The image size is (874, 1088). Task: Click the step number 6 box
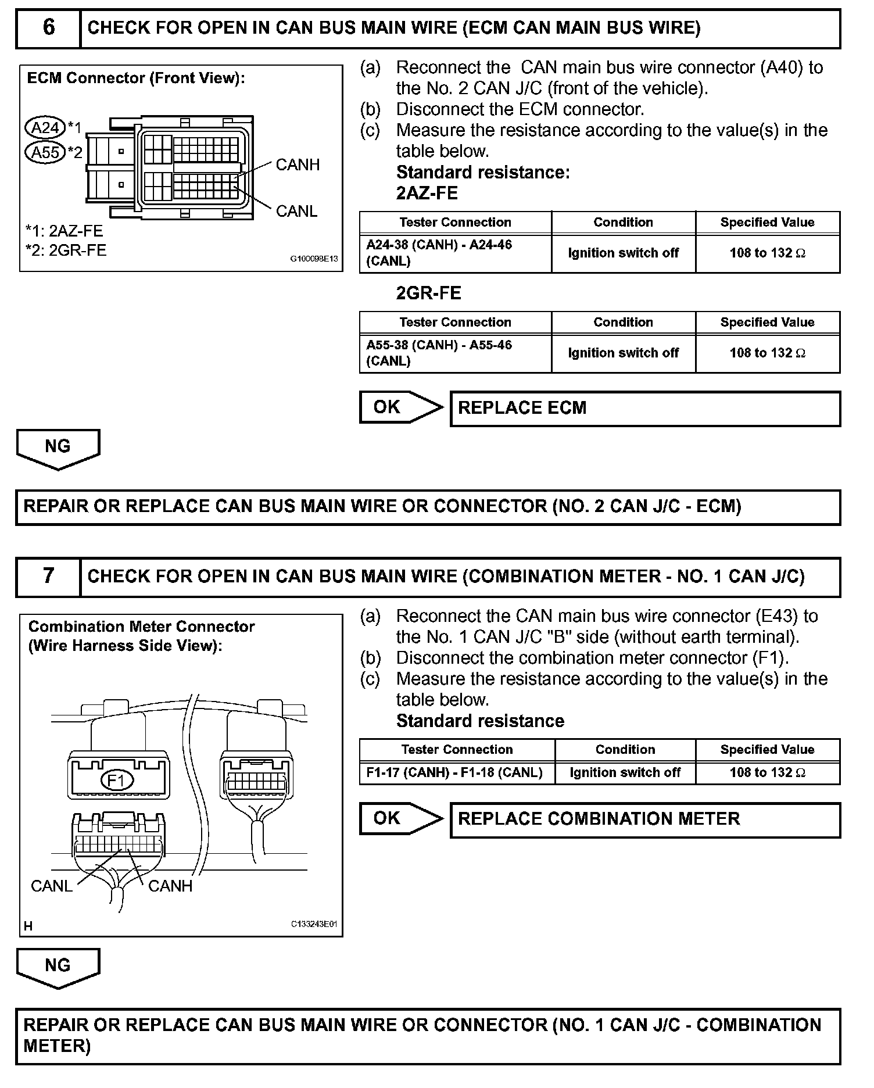pyautogui.click(x=49, y=27)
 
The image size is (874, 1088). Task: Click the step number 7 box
pyautogui.click(x=49, y=576)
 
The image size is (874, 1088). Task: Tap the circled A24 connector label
pyautogui.click(x=45, y=127)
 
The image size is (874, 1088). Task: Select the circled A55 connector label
pyautogui.click(x=45, y=152)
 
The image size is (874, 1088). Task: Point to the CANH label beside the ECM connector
pyautogui.click(x=298, y=165)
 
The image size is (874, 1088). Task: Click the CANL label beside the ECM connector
pyautogui.click(x=296, y=211)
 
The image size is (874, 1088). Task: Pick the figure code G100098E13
pyautogui.click(x=314, y=259)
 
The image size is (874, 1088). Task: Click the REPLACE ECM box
pyautogui.click(x=645, y=408)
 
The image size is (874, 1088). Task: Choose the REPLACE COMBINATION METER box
pyautogui.click(x=645, y=819)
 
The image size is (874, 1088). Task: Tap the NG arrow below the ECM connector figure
pyautogui.click(x=58, y=448)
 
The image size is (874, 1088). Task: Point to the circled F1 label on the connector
pyautogui.click(x=117, y=780)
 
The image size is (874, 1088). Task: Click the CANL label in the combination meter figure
pyautogui.click(x=51, y=886)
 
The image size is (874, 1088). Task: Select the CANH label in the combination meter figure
pyautogui.click(x=170, y=886)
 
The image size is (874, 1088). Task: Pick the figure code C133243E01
pyautogui.click(x=314, y=924)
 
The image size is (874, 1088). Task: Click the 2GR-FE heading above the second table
pyautogui.click(x=428, y=293)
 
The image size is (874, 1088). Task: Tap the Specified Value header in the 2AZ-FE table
pyautogui.click(x=767, y=223)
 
